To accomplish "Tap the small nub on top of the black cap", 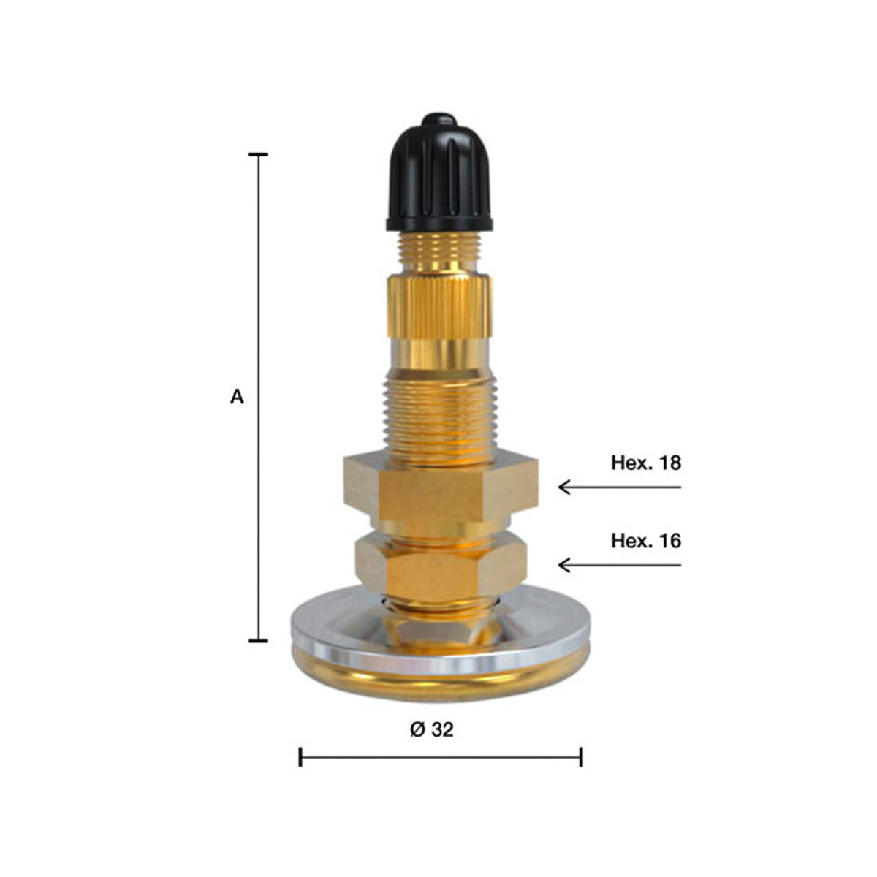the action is click(x=438, y=119).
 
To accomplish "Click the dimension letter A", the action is click(x=237, y=398).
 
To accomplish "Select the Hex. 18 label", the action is click(x=646, y=463).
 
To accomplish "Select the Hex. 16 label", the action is click(x=646, y=541).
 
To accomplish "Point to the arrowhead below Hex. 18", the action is click(x=564, y=487).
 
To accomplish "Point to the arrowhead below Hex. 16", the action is click(x=564, y=565).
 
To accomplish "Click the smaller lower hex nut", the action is click(x=441, y=564).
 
